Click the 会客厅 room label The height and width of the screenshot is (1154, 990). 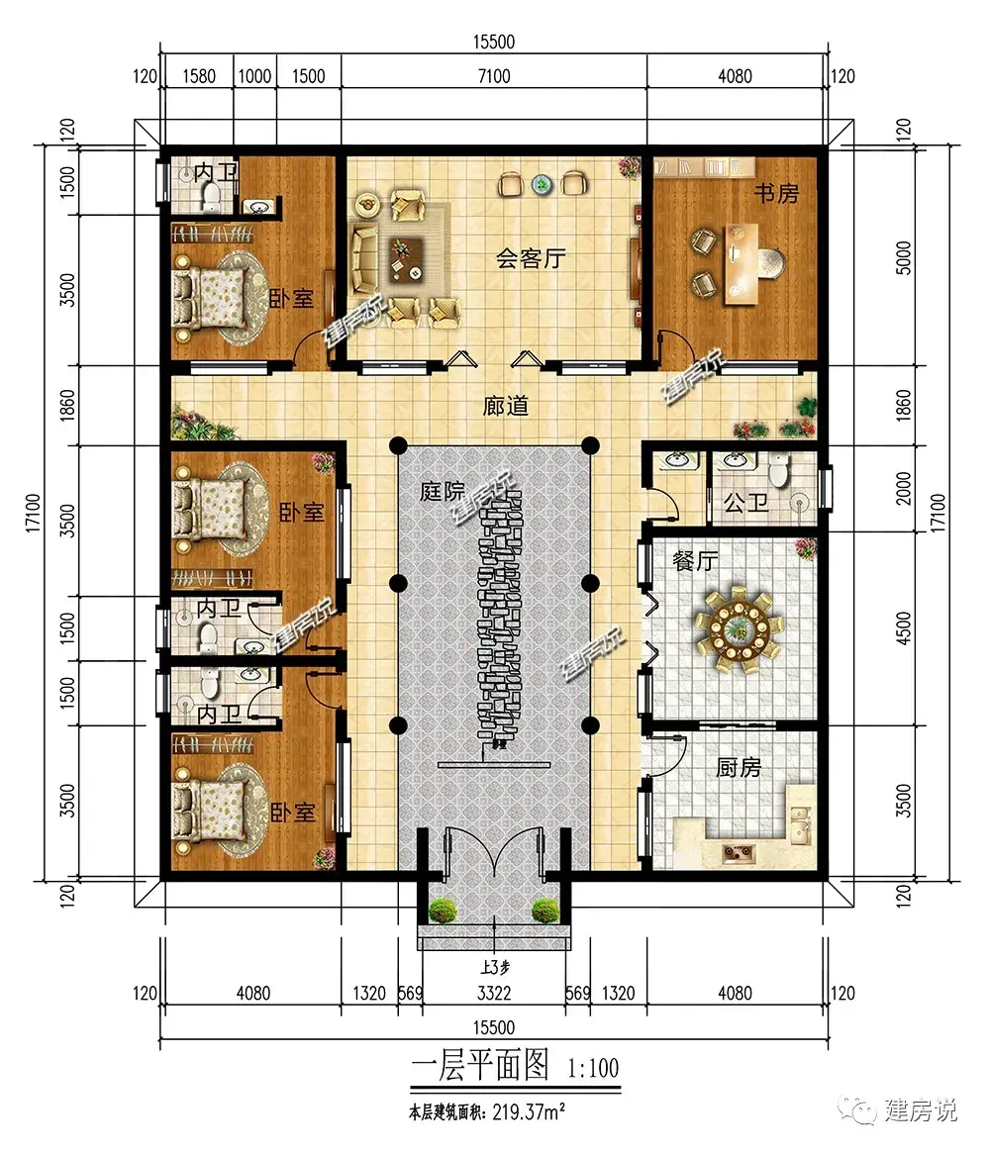(530, 258)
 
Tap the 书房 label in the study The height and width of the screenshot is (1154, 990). (776, 193)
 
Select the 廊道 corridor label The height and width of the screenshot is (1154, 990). (506, 406)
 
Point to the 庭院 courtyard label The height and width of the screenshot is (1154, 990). (443, 491)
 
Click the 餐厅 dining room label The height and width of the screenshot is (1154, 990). (695, 561)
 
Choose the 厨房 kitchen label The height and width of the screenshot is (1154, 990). (739, 768)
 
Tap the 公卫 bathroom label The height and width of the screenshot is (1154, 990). (745, 503)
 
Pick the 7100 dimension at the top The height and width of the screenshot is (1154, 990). (494, 76)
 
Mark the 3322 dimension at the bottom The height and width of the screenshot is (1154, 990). (494, 993)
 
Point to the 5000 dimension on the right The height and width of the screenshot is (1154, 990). (903, 257)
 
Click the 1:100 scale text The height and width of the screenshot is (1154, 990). (593, 1067)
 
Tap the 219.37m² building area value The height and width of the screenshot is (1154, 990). (529, 1111)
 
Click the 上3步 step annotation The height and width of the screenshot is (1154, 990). (495, 968)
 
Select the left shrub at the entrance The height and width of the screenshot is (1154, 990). (443, 911)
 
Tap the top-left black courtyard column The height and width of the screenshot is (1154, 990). (398, 445)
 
